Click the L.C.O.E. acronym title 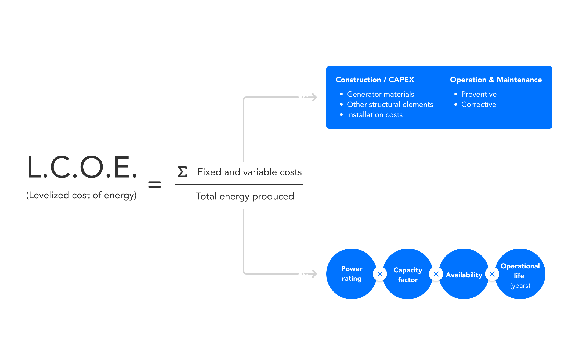(82, 167)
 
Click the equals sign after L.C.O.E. (154, 184)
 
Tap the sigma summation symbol (182, 172)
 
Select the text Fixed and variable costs (250, 172)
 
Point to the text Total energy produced (245, 196)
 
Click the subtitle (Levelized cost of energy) (81, 195)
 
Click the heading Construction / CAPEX (375, 80)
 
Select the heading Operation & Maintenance (496, 80)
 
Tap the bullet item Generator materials (381, 94)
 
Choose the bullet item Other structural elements (390, 105)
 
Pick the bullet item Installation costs (375, 115)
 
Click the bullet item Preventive (479, 94)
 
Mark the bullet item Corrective (479, 105)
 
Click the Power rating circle (352, 274)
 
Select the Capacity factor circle (408, 274)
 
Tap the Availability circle (464, 274)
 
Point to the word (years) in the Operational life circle (520, 285)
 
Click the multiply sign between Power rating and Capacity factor (380, 274)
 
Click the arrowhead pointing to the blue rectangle (313, 97)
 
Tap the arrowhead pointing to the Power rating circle (313, 274)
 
